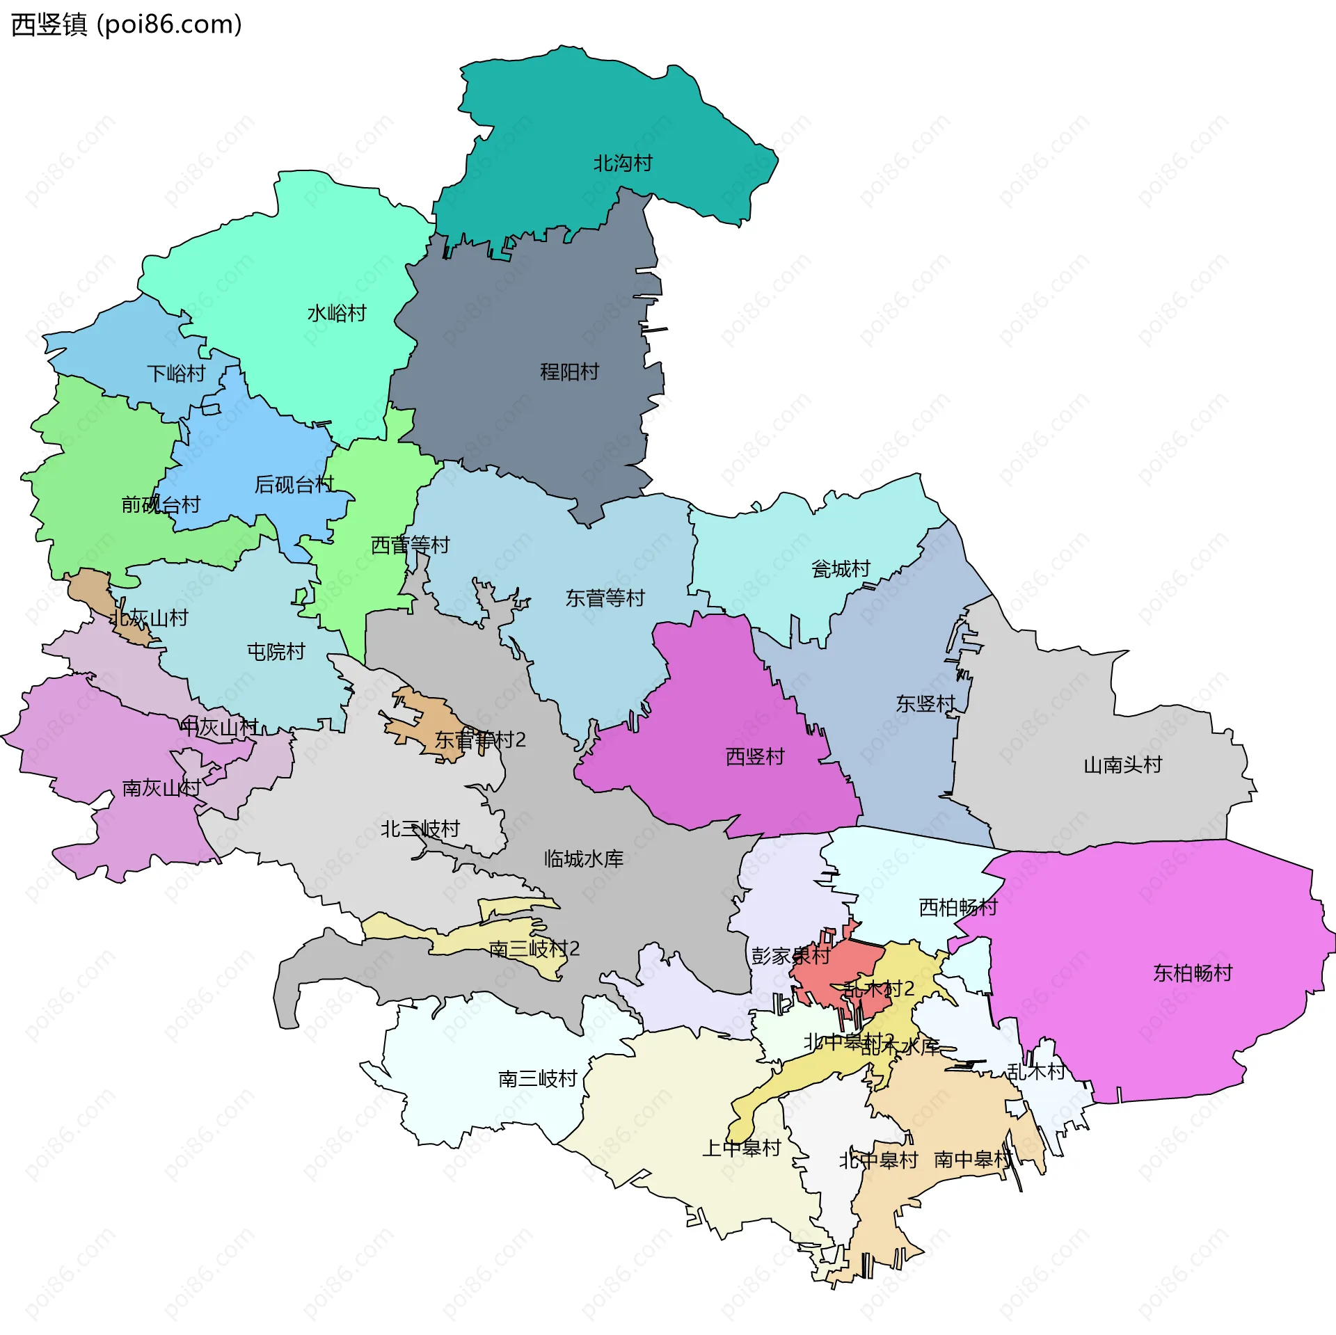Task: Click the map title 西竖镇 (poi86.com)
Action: point(127,25)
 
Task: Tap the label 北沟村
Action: point(623,163)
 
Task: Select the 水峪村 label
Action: point(337,313)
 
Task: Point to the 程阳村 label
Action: point(570,372)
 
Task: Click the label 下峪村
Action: point(177,374)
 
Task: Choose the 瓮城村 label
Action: point(841,569)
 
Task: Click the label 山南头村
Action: point(1123,765)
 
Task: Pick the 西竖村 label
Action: point(755,756)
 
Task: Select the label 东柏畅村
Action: point(1193,973)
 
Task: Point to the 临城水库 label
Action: point(584,859)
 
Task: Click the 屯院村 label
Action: point(276,652)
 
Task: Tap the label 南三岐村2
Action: point(534,949)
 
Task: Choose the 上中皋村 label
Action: point(742,1148)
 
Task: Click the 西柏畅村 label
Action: point(958,907)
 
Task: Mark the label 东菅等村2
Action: point(480,740)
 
